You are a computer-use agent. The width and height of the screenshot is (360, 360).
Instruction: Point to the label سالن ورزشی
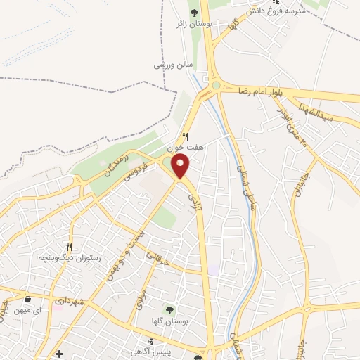173,65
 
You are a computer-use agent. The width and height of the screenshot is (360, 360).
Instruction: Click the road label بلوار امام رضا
262,91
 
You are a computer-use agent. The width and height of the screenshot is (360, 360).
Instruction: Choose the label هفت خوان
184,148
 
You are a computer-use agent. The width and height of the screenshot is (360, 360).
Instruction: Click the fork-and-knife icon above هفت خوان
186,136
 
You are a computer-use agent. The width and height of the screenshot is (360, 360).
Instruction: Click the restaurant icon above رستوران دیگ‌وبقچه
69,247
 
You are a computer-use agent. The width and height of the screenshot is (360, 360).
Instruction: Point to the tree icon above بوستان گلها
169,309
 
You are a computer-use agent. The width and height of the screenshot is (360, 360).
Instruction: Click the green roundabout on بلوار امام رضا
217,86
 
